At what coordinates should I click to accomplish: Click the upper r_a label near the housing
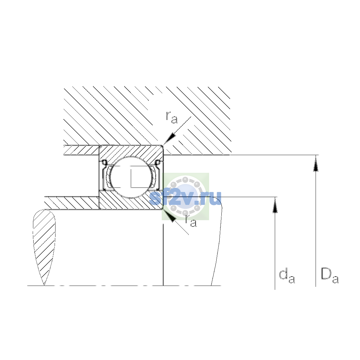coord(172,118)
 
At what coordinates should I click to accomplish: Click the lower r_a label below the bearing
coord(191,221)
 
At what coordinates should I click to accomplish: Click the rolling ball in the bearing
coord(131,177)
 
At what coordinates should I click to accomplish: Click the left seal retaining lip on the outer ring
coord(104,163)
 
